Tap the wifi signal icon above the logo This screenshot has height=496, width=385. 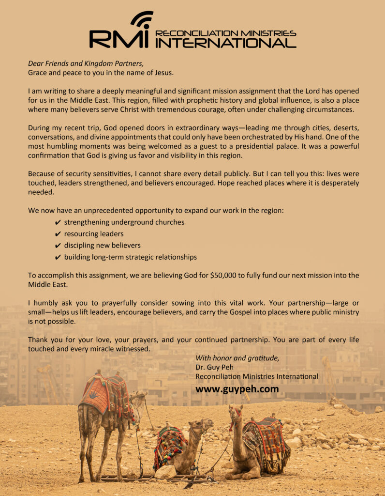[x=141, y=20]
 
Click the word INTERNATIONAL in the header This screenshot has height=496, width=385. [x=225, y=43]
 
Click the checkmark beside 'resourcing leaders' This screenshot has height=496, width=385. [x=58, y=234]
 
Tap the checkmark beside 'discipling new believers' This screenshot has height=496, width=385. [x=58, y=246]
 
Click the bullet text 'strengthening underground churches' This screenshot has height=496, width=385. [x=124, y=222]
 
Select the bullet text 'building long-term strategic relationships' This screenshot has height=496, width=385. [x=130, y=258]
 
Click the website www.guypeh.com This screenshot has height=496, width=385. [x=237, y=389]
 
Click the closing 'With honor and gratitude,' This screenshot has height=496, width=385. [x=237, y=358]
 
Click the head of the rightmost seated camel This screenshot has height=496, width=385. [x=236, y=413]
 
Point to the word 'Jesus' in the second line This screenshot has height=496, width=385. [x=163, y=73]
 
